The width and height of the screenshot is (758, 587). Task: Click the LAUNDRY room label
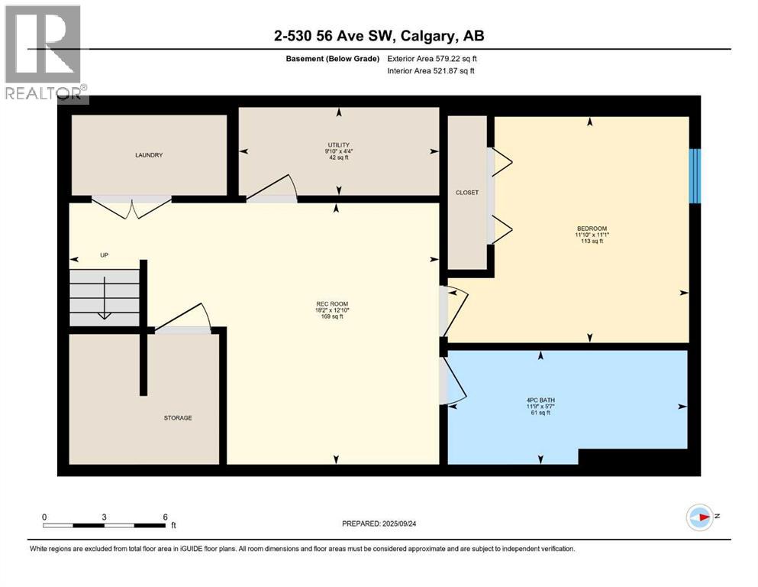(149, 155)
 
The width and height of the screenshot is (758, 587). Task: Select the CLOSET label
(466, 193)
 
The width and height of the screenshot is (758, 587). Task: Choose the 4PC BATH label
(540, 400)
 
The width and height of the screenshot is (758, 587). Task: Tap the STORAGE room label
(178, 418)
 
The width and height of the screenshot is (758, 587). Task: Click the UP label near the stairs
(105, 255)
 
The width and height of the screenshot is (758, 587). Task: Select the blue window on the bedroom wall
(695, 176)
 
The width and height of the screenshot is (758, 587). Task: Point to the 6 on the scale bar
(166, 517)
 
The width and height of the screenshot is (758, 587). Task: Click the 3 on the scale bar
(105, 517)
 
